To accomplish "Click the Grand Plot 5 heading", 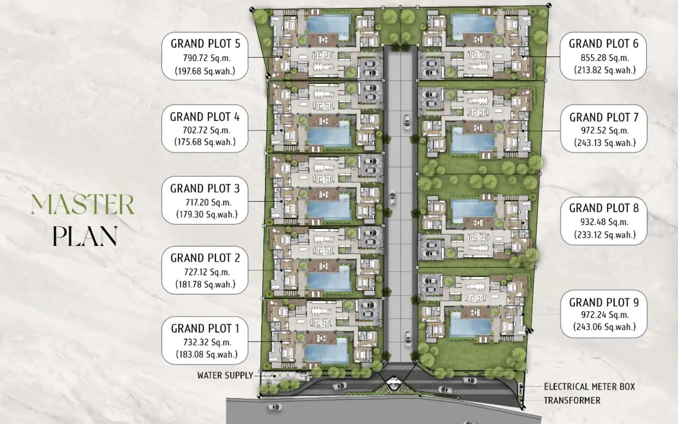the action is tap(205, 44).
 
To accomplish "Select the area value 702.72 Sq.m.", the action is tap(206, 130).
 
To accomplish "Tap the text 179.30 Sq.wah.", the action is tap(207, 214).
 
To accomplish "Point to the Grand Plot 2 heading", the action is tap(205, 258).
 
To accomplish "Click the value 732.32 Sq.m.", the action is tap(207, 342).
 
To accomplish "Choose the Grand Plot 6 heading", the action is tap(604, 44).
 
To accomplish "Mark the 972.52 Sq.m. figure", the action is tap(605, 130).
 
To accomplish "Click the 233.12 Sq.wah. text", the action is tap(605, 235).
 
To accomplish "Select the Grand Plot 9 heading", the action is tap(604, 302).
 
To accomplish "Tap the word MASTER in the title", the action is tap(82, 205).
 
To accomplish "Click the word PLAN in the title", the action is tap(85, 236).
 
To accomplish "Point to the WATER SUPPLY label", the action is tap(225, 375).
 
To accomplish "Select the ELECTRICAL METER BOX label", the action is tap(589, 387).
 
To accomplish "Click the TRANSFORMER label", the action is tap(572, 400).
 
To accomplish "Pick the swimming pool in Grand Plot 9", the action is tap(470, 325).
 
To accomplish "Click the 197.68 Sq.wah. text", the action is tap(205, 71).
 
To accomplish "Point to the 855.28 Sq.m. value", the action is tap(605, 58).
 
